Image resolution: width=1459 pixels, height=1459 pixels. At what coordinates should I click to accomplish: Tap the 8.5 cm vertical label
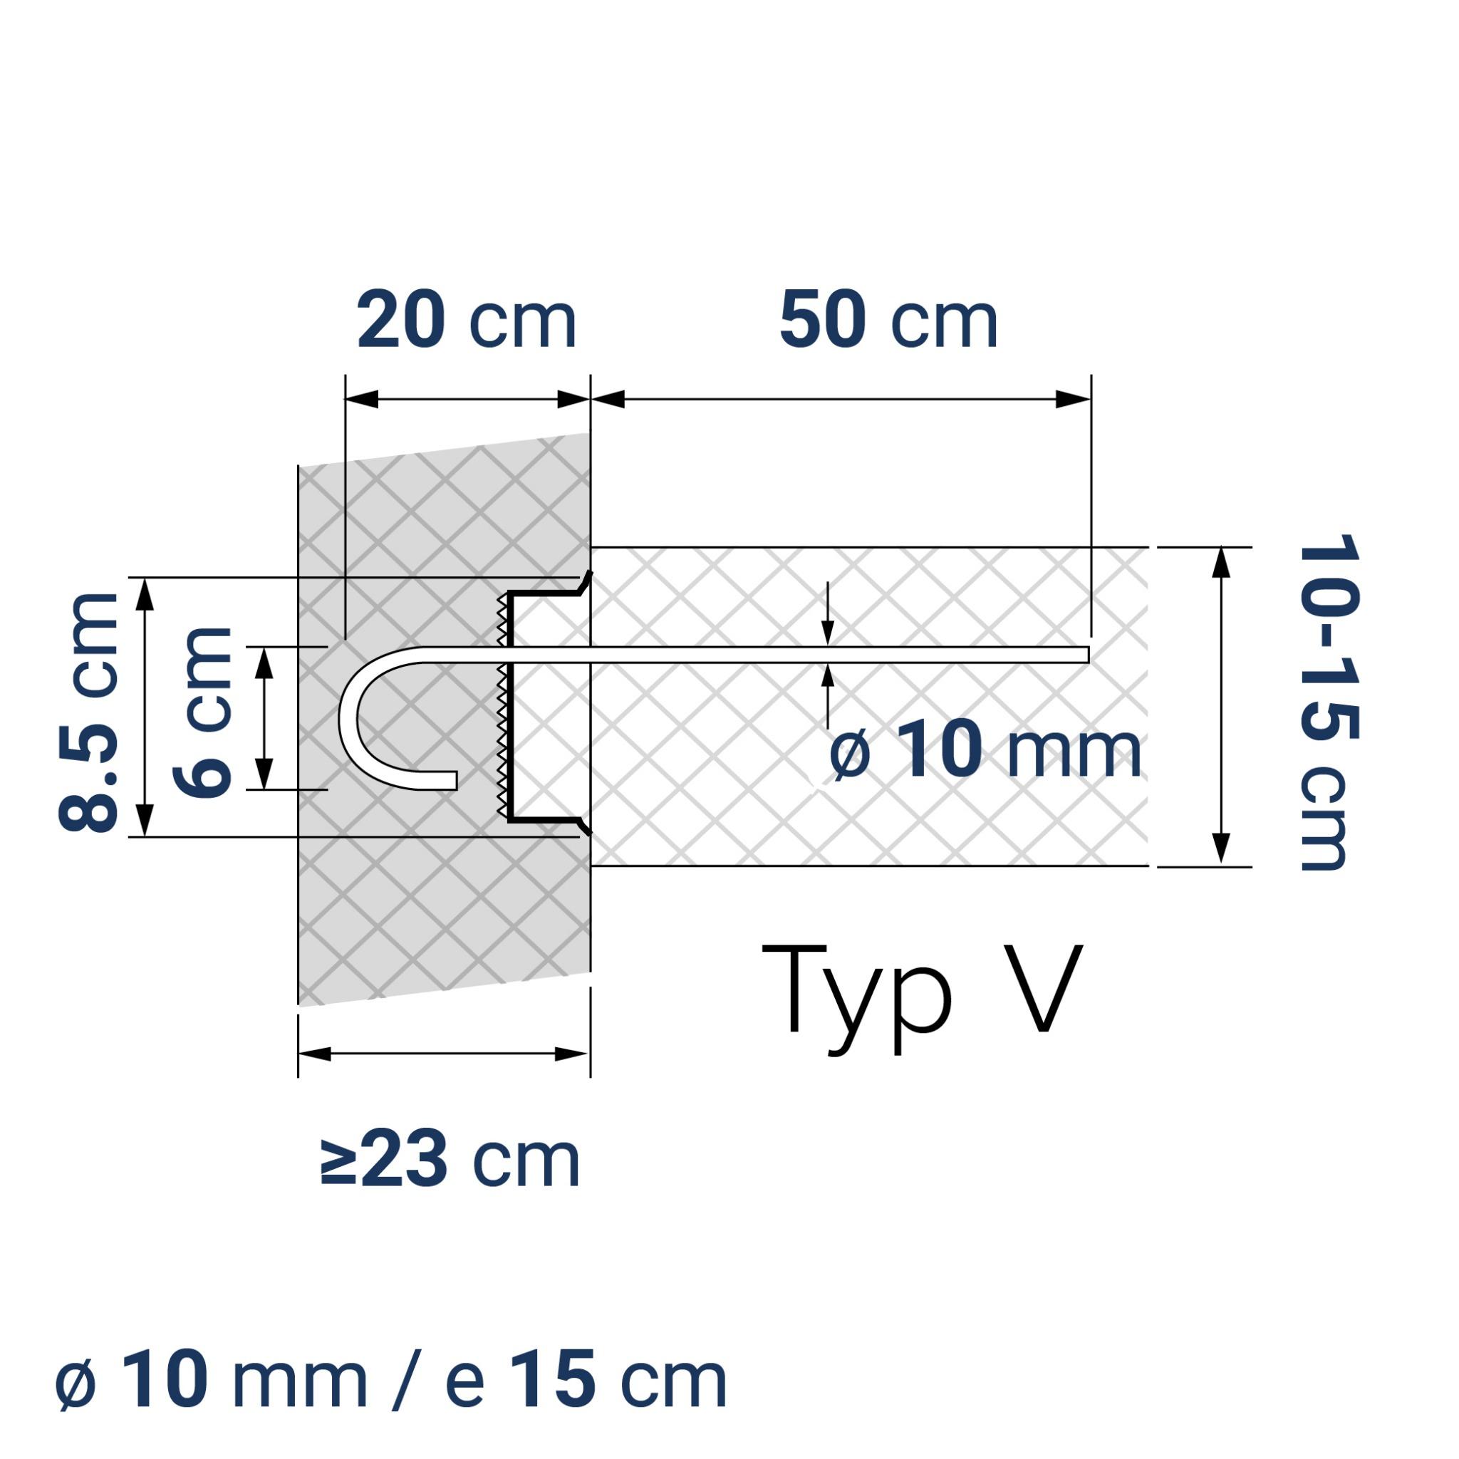[x=89, y=712]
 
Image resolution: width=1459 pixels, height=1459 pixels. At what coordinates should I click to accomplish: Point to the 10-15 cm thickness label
[x=1329, y=702]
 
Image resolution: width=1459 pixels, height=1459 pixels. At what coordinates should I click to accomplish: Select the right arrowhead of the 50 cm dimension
[x=1072, y=400]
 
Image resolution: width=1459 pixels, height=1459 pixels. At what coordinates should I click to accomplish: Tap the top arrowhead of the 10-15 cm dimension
[x=1221, y=564]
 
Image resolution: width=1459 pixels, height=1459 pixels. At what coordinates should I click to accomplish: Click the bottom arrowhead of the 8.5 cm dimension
[x=146, y=819]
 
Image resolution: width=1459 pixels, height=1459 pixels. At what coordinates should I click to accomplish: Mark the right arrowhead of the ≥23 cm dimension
[x=571, y=1054]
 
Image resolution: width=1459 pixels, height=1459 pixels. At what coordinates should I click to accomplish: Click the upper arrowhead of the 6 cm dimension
[x=264, y=663]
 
